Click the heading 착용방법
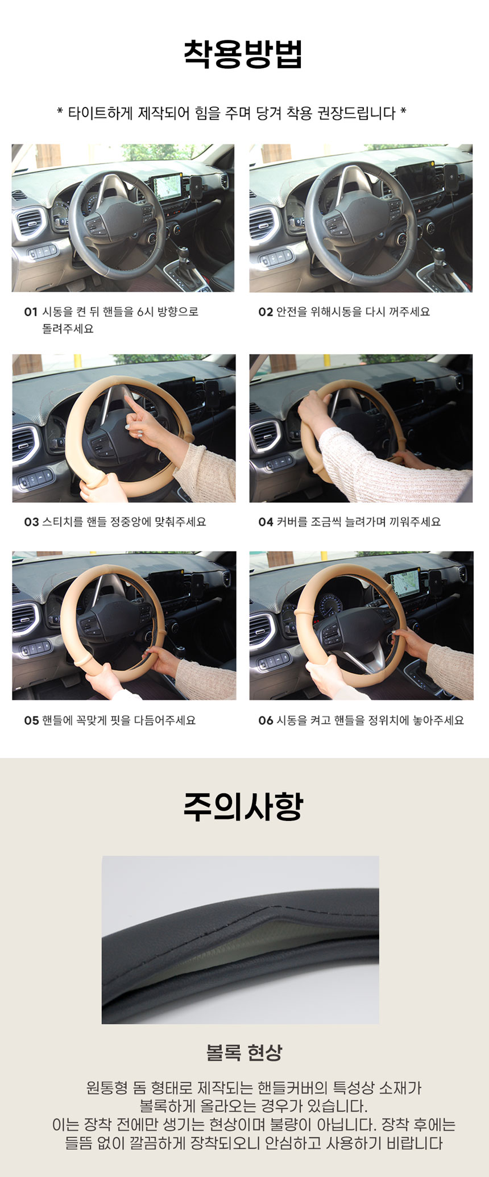point(243,54)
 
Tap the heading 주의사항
point(243,806)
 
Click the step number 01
point(31,312)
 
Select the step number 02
point(266,312)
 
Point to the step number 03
point(31,522)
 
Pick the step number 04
point(266,522)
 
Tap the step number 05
point(31,720)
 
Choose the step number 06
point(266,720)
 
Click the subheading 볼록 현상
point(244,1052)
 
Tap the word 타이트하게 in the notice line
point(100,113)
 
